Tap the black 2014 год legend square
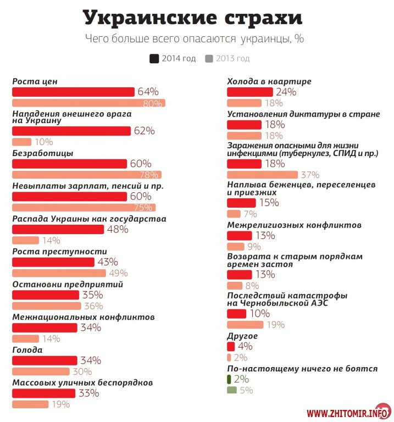coord(154,58)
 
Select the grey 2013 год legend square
coord(209,58)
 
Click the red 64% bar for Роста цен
coord(73,92)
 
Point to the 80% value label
coord(152,103)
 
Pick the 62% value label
coord(144,131)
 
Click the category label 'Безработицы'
coord(43,153)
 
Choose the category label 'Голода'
coord(27,350)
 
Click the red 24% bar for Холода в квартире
coord(251,92)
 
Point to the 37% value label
coord(310,175)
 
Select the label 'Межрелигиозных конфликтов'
coord(295,225)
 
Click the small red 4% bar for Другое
coord(231,346)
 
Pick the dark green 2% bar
coord(229,379)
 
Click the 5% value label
coord(246,391)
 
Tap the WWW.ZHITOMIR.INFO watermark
coord(343,413)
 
